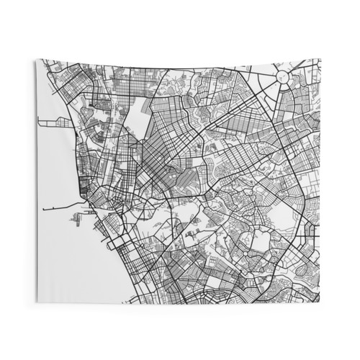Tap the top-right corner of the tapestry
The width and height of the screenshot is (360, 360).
tap(320, 59)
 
